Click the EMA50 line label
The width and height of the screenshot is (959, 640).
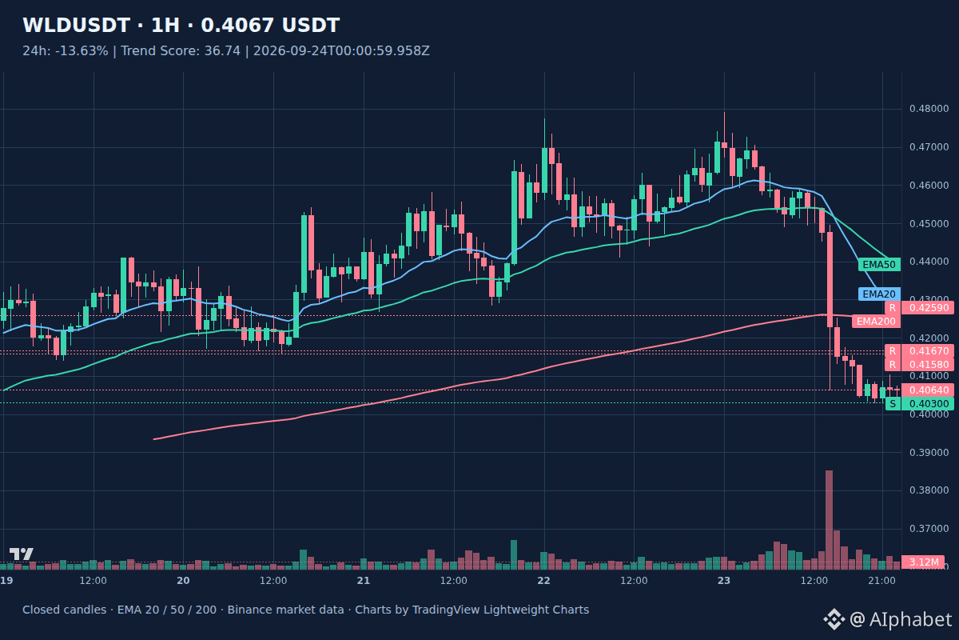coord(879,265)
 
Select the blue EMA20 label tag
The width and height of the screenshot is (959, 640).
coord(879,294)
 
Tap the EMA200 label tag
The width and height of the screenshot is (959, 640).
coord(876,321)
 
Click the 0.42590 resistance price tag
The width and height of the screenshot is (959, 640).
coord(919,308)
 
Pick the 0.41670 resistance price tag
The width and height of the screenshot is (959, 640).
coord(919,351)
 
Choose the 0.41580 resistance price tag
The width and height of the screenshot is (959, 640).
coord(919,365)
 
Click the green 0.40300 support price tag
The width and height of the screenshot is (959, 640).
coord(919,404)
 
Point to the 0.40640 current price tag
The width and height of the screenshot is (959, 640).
coord(927,390)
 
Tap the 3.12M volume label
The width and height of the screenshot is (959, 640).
coord(922,562)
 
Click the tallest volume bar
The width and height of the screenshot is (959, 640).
coord(830,519)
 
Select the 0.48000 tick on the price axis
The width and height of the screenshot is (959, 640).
coord(929,109)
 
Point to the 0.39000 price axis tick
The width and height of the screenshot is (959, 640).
coord(929,453)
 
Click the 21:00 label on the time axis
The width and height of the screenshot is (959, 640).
coord(881,581)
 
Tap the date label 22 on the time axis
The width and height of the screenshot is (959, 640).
coord(543,581)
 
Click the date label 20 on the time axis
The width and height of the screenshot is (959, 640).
coord(183,581)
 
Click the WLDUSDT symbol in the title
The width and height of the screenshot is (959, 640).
coord(76,26)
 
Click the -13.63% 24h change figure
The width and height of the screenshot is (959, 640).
coord(82,51)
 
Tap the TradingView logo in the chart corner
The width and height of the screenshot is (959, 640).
coord(21,554)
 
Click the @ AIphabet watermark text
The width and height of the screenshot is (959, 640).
coord(901,619)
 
